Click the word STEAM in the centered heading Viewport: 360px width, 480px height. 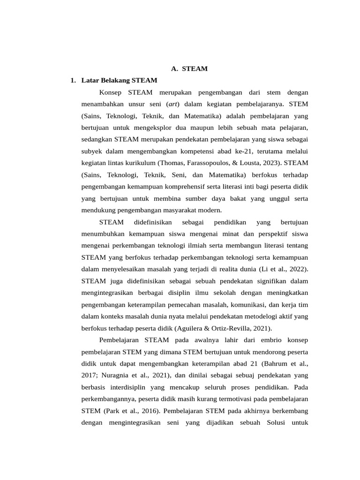point(195,68)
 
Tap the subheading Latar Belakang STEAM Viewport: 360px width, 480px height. point(119,80)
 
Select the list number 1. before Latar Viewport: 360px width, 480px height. point(73,80)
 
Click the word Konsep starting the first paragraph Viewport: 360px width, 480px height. point(110,92)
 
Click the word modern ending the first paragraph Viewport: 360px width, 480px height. point(209,210)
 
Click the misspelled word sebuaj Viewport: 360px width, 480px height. point(238,375)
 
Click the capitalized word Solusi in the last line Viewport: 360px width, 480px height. point(267,423)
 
